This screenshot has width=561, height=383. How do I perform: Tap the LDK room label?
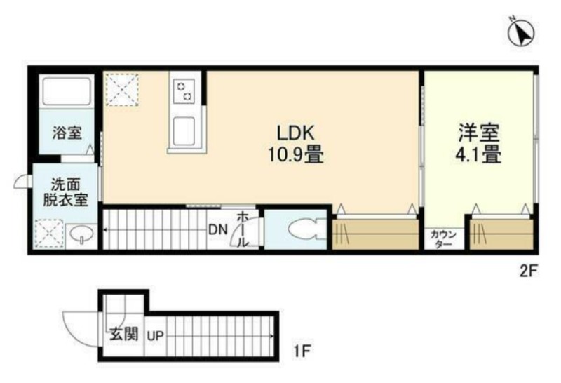tap(296, 133)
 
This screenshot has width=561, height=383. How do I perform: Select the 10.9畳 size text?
tap(296, 155)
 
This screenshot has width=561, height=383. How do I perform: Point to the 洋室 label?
tap(479, 133)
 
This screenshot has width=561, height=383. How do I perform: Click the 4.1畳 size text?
tap(478, 155)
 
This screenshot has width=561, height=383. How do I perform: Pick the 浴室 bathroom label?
tap(67, 133)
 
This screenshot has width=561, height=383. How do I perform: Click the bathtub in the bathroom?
tap(66, 91)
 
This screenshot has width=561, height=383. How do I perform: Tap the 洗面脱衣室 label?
tap(65, 192)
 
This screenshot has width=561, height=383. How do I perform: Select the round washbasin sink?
tap(81, 235)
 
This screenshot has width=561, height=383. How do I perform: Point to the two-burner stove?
tap(184, 90)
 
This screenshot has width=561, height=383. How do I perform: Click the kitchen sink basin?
tap(184, 131)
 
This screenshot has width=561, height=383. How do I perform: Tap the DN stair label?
tap(218, 229)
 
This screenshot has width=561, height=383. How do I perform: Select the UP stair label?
tap(156, 336)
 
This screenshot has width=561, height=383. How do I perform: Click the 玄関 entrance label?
tap(124, 335)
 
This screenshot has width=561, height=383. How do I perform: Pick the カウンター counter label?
tap(444, 239)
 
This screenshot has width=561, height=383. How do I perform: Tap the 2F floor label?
tap(528, 271)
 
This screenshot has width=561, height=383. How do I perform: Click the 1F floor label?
tap(302, 351)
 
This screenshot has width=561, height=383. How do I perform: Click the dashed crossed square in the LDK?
tap(122, 90)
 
